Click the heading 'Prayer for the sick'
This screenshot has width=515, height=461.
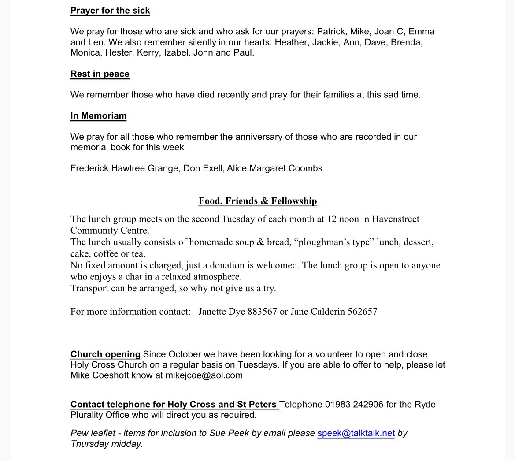point(110,11)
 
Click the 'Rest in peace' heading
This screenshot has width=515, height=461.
point(100,74)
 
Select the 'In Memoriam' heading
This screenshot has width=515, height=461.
point(99,116)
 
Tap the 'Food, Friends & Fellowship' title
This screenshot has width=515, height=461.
point(258,201)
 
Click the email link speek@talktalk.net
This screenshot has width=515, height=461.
point(356,433)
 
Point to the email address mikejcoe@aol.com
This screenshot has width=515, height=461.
point(204,375)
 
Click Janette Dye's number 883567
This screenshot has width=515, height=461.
point(262,312)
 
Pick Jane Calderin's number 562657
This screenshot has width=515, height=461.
point(362,312)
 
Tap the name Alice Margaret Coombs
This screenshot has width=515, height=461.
point(274,168)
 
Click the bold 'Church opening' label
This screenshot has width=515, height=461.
point(105,354)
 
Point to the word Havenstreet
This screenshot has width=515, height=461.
point(396,219)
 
